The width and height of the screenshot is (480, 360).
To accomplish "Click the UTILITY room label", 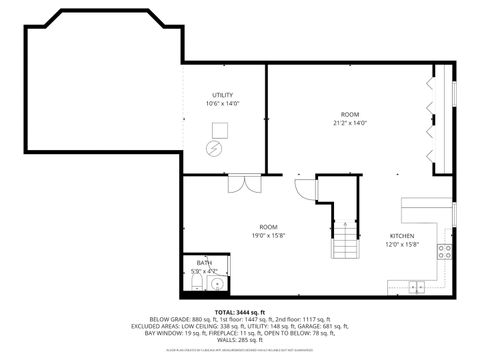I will [x=222, y=95].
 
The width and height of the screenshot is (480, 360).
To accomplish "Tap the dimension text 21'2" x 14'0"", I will [x=349, y=123].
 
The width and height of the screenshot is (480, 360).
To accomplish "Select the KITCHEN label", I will [x=402, y=236].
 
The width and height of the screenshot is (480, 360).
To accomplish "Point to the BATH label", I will [x=203, y=262].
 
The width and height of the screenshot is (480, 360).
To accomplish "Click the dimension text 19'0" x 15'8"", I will [x=268, y=236].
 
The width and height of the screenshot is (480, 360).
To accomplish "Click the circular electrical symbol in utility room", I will [x=212, y=148].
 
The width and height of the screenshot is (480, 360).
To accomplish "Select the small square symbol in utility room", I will [x=221, y=129].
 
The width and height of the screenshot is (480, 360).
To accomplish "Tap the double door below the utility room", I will [x=237, y=183].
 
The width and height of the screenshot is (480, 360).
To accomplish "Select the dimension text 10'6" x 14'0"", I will [x=222, y=103].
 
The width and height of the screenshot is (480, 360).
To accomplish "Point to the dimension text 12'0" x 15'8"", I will [x=402, y=245].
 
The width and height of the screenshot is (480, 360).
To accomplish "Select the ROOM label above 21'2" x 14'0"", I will [x=349, y=114].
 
